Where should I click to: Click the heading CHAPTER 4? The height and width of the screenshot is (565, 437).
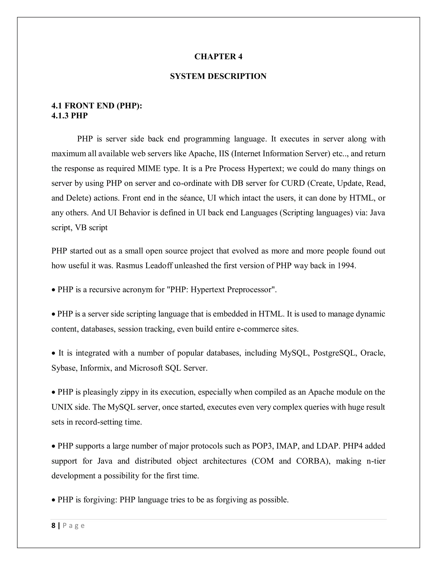pos(218,57)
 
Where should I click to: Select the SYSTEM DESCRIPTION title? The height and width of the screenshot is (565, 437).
pos(218,76)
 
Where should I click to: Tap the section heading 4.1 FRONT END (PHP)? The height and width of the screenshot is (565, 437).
pos(97,106)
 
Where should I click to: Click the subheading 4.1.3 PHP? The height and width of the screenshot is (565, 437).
pos(70,116)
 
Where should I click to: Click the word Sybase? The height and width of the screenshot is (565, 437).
pos(64,368)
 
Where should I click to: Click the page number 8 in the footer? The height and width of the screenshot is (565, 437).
pos(53,526)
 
